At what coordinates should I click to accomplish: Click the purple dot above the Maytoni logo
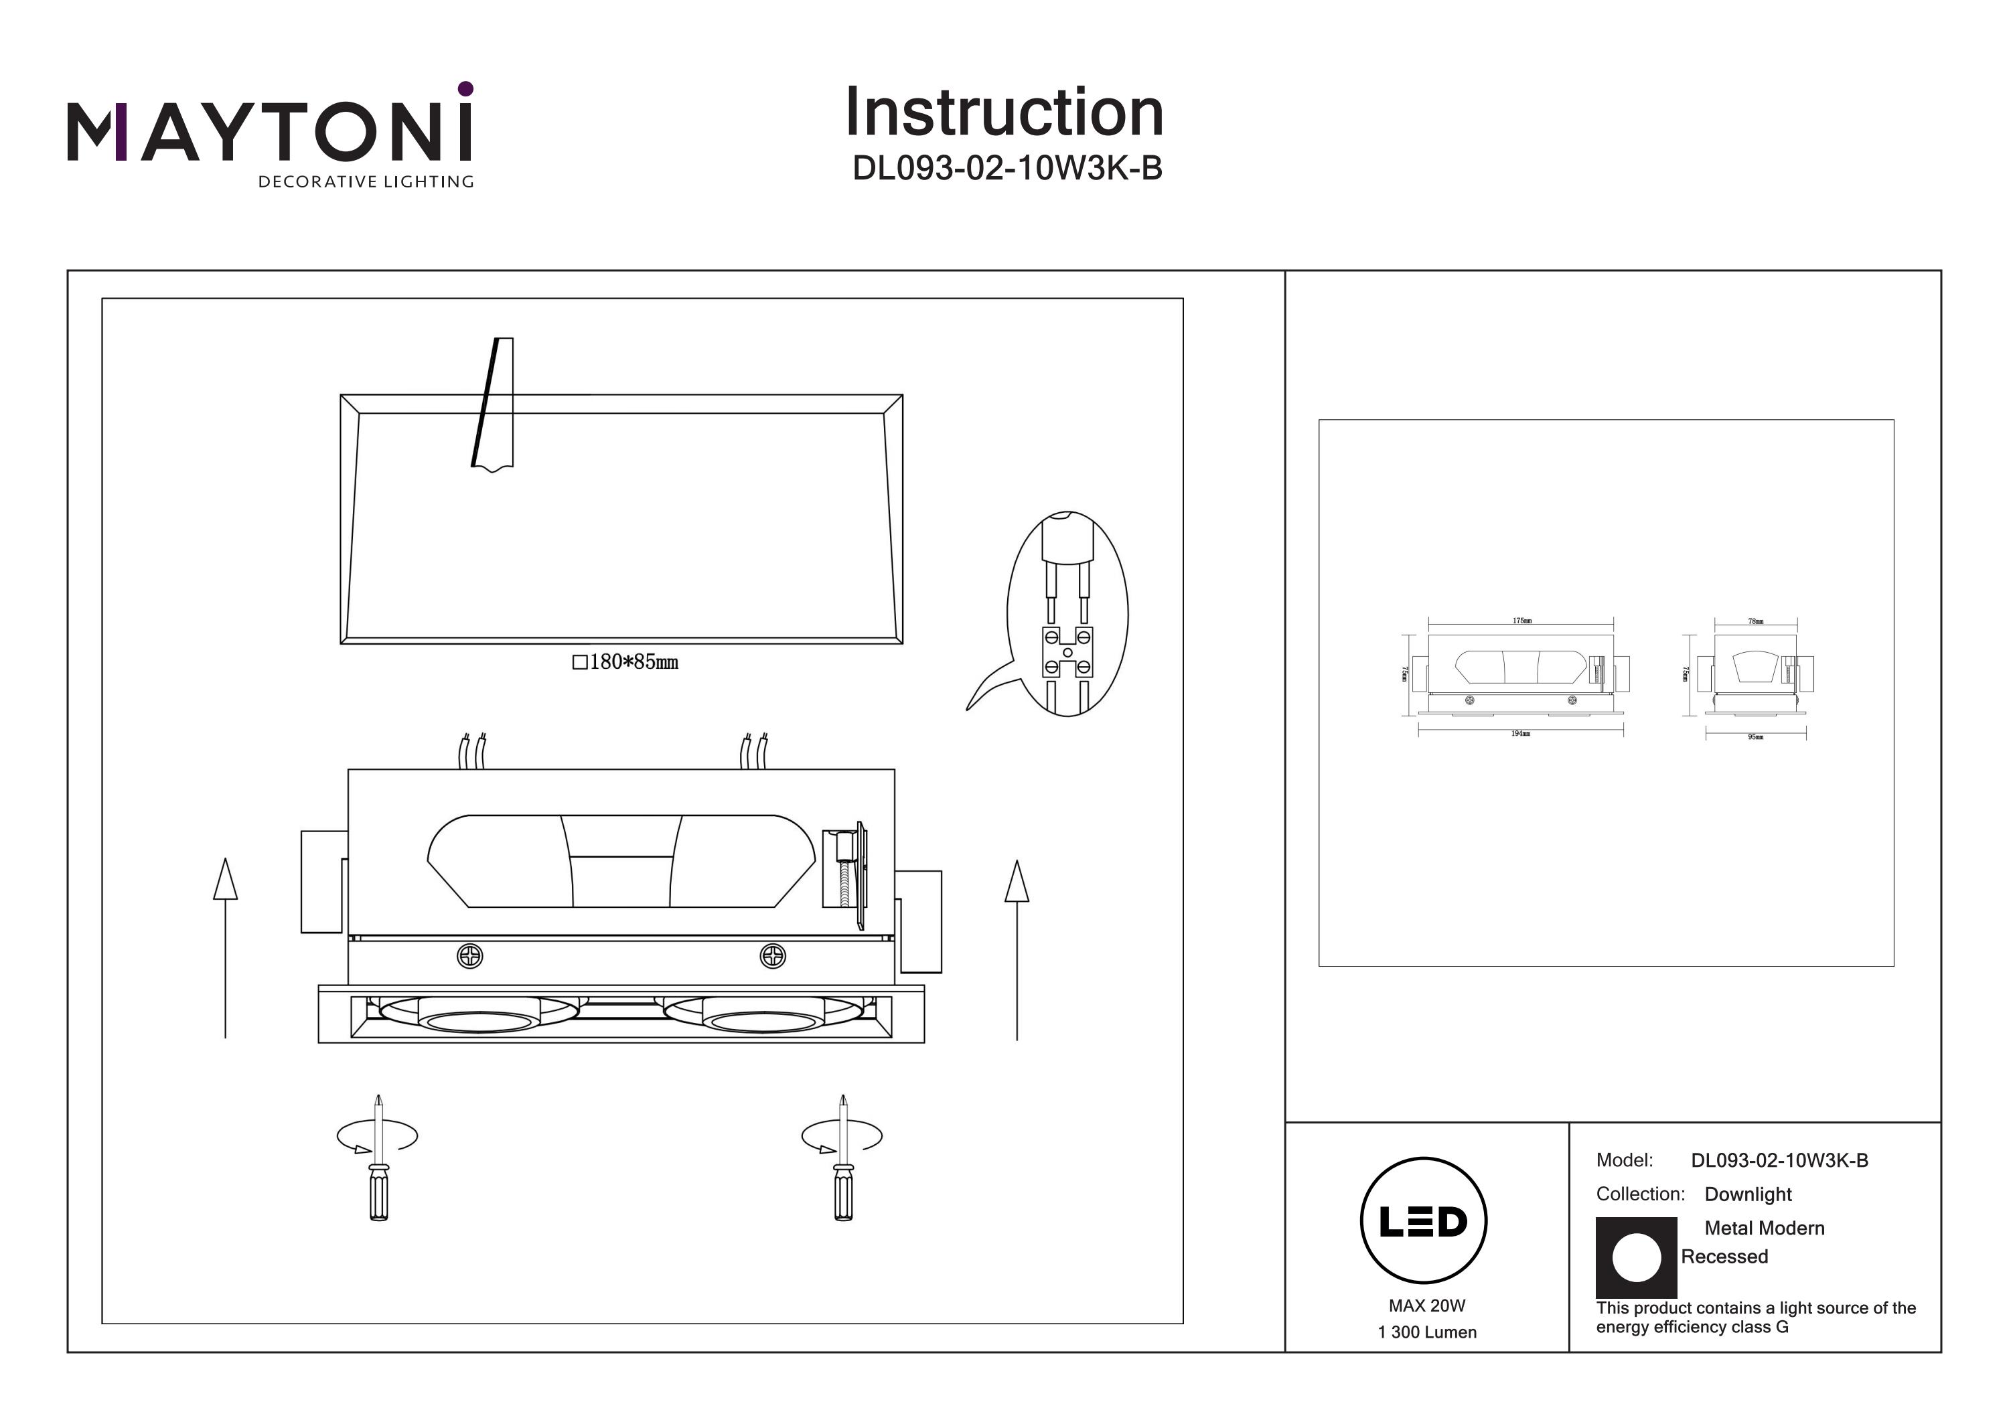(465, 88)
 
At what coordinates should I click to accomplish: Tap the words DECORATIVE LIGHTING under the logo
(365, 182)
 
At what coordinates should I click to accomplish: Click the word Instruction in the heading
(1004, 113)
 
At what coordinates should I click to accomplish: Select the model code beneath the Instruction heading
(1007, 168)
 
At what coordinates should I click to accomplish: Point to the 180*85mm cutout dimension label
(625, 662)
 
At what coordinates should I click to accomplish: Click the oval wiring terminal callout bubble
(1067, 613)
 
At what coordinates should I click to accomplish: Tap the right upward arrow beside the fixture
(1016, 949)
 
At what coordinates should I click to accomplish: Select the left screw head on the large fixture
(470, 956)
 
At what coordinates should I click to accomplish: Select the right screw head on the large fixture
(773, 956)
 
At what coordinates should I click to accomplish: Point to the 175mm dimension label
(1521, 621)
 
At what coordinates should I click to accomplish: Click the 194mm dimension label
(1521, 733)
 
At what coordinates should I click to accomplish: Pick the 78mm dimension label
(1755, 621)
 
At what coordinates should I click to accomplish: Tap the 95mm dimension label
(1755, 736)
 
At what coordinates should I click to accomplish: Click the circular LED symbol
(1424, 1221)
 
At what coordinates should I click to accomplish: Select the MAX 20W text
(1426, 1306)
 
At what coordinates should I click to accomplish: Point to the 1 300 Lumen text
(1427, 1332)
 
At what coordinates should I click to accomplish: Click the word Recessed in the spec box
(1724, 1257)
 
